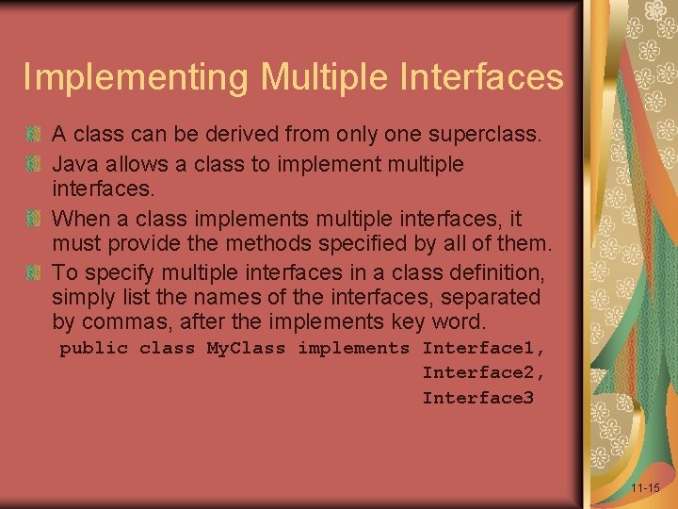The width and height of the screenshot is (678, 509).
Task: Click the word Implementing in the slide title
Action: coord(135,77)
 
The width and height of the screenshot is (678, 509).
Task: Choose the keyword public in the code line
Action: coord(93,349)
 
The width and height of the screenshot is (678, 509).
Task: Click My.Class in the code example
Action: coord(246,349)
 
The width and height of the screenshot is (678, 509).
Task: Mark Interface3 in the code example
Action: coord(477,398)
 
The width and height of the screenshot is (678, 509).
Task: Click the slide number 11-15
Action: coord(645,488)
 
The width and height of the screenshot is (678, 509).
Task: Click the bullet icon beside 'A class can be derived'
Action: coord(35,135)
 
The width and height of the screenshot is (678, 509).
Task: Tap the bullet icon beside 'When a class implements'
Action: coord(35,220)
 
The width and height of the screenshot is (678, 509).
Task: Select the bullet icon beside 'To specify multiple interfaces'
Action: coord(35,273)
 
